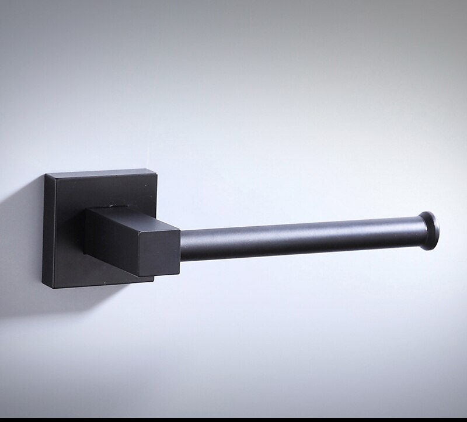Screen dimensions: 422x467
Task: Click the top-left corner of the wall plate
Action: (x=46, y=175)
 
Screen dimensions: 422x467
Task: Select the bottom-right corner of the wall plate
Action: (x=153, y=279)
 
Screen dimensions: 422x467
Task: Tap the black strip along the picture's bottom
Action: (x=233, y=418)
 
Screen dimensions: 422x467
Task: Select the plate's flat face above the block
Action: (x=99, y=190)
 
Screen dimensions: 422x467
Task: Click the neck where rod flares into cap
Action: (x=417, y=231)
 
